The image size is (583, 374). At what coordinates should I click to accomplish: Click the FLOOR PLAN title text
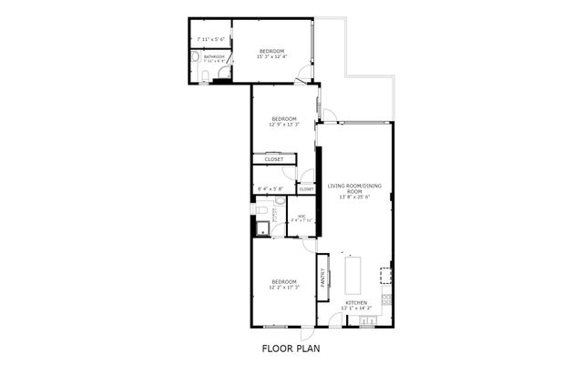coord(291,349)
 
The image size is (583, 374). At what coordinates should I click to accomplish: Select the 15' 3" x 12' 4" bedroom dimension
coord(271,56)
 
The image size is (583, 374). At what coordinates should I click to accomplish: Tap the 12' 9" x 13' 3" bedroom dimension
coord(284,125)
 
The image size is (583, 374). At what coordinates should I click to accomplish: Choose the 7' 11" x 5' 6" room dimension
coord(211,39)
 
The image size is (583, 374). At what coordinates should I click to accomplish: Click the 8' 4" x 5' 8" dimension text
coord(271,188)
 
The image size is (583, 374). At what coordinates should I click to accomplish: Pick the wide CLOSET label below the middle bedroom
coord(273,159)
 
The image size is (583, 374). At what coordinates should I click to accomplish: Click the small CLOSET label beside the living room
coord(307,189)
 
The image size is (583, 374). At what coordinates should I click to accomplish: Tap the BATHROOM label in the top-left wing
coord(214,57)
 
